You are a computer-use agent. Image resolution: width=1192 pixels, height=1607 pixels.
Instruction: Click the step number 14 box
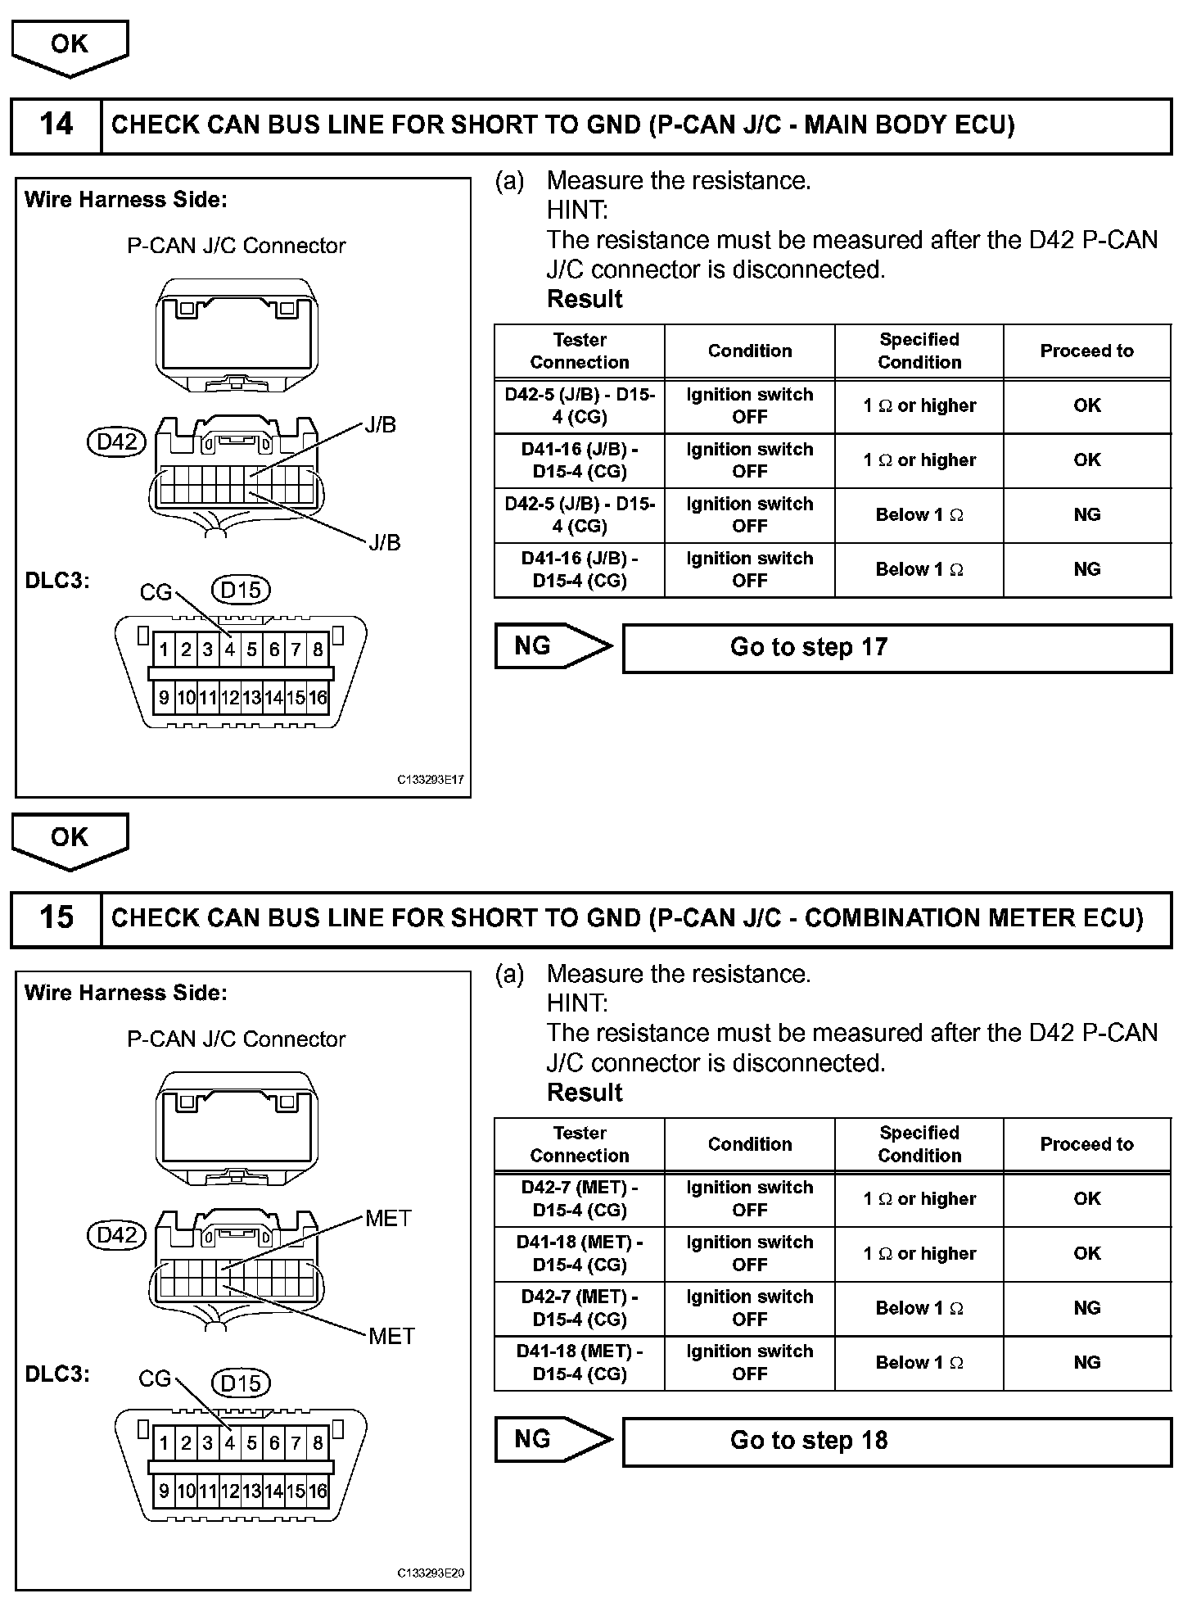(x=56, y=125)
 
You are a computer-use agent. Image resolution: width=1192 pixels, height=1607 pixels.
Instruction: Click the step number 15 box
(x=56, y=918)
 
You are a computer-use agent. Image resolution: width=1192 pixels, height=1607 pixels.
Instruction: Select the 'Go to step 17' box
(x=896, y=648)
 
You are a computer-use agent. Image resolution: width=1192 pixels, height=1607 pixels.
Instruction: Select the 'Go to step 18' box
(x=896, y=1441)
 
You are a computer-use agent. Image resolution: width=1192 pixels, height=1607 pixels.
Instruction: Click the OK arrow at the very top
(x=70, y=46)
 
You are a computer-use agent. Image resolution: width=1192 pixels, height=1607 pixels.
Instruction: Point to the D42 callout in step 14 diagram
(x=116, y=442)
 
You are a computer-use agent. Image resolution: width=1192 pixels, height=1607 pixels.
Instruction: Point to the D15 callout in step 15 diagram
(x=241, y=1383)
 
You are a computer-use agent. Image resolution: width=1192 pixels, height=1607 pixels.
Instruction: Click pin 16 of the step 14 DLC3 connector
(x=318, y=698)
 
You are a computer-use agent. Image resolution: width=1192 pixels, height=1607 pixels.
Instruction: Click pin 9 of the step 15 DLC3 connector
(x=164, y=1491)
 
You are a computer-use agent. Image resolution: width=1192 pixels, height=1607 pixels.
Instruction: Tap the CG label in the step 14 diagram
(x=156, y=591)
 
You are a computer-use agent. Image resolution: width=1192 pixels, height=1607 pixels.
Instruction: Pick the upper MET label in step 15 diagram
(x=388, y=1219)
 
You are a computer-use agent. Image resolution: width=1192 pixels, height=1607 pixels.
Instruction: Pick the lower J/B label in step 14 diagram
(x=383, y=542)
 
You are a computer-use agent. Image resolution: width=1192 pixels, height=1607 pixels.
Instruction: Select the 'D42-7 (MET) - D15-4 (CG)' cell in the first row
(x=580, y=1199)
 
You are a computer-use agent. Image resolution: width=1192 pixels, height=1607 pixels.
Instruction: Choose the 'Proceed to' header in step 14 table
(x=1086, y=351)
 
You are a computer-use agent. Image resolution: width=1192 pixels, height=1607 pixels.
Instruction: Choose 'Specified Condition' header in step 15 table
(x=919, y=1144)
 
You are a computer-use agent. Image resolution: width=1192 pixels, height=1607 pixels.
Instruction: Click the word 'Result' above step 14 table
(x=585, y=300)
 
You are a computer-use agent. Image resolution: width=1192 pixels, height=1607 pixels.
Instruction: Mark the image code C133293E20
(x=431, y=1573)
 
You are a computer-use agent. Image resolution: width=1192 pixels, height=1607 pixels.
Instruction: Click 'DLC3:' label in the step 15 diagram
(x=57, y=1374)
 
